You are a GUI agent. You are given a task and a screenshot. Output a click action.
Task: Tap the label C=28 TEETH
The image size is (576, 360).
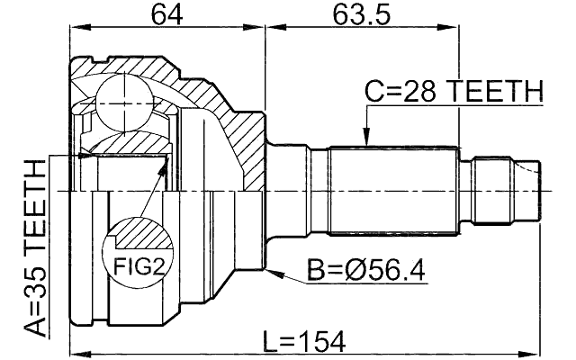pyautogui.click(x=454, y=91)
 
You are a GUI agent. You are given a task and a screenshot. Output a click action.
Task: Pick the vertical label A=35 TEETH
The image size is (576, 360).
pyautogui.click(x=34, y=247)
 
